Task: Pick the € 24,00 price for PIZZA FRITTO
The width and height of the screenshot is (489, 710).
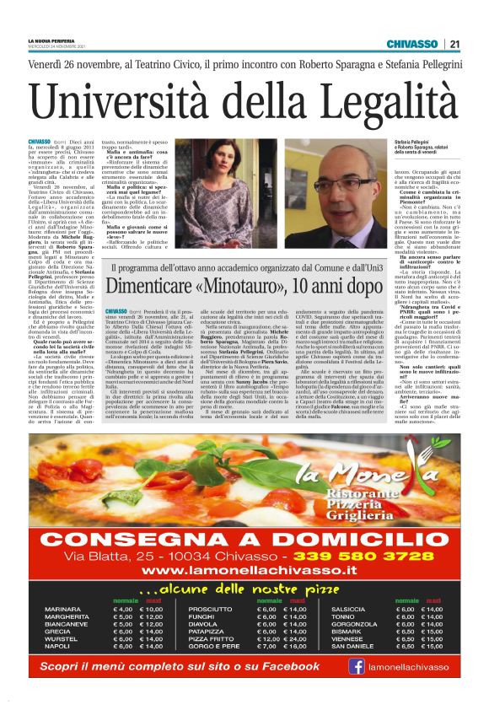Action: [x=295, y=638]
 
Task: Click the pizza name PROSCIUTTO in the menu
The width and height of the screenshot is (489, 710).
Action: [x=210, y=609]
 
